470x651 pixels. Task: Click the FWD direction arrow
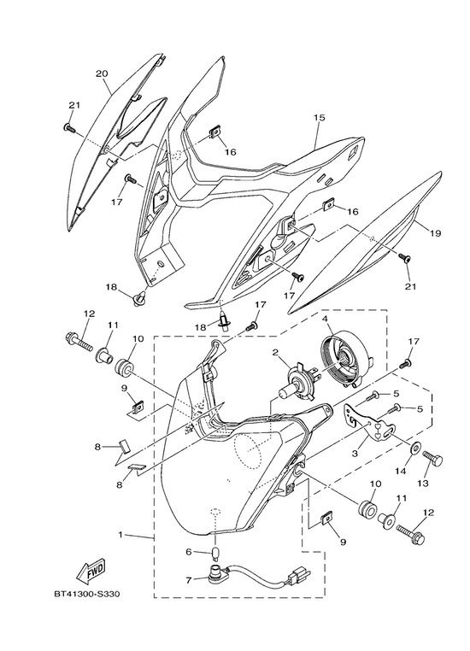coord(91,572)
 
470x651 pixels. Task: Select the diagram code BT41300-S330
coord(87,594)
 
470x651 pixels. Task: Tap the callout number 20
coord(102,74)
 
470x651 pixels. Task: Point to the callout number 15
coord(319,118)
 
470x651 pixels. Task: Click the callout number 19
coord(435,233)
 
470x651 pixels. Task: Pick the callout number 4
coord(325,319)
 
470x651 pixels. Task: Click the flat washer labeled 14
coord(415,448)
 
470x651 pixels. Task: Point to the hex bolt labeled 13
coord(432,459)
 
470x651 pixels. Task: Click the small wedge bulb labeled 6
coord(215,553)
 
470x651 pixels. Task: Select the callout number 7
coord(189,580)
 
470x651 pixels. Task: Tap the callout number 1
coord(120,534)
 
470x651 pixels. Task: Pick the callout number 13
coord(423,484)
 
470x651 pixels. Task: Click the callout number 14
coord(400,471)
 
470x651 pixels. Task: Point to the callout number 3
coord(354,454)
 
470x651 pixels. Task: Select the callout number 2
coord(275,353)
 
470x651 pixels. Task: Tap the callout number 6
coord(189,551)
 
